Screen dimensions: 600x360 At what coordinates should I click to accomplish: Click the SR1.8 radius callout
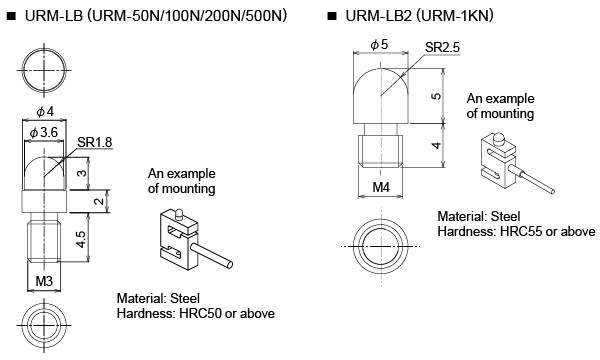point(95,142)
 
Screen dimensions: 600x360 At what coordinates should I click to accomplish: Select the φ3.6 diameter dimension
point(44,133)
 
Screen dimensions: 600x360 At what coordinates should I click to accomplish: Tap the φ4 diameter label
point(45,112)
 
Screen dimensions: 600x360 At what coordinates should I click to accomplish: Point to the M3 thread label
point(44,281)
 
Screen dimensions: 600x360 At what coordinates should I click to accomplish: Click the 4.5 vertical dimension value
point(81,239)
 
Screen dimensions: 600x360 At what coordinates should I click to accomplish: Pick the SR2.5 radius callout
point(442,47)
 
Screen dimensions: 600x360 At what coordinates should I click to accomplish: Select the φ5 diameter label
point(379,44)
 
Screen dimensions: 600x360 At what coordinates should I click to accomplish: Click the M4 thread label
point(381,187)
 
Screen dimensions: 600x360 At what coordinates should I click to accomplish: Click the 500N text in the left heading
point(266,16)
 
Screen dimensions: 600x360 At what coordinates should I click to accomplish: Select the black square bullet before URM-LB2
point(331,16)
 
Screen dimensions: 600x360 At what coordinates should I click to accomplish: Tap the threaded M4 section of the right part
point(381,151)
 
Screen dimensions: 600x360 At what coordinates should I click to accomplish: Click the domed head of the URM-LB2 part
point(381,96)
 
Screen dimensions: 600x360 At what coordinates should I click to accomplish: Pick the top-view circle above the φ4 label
point(44,70)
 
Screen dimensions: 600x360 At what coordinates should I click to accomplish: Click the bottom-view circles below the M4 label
point(381,246)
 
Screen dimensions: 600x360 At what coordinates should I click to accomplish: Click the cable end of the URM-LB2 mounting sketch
point(551,191)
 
